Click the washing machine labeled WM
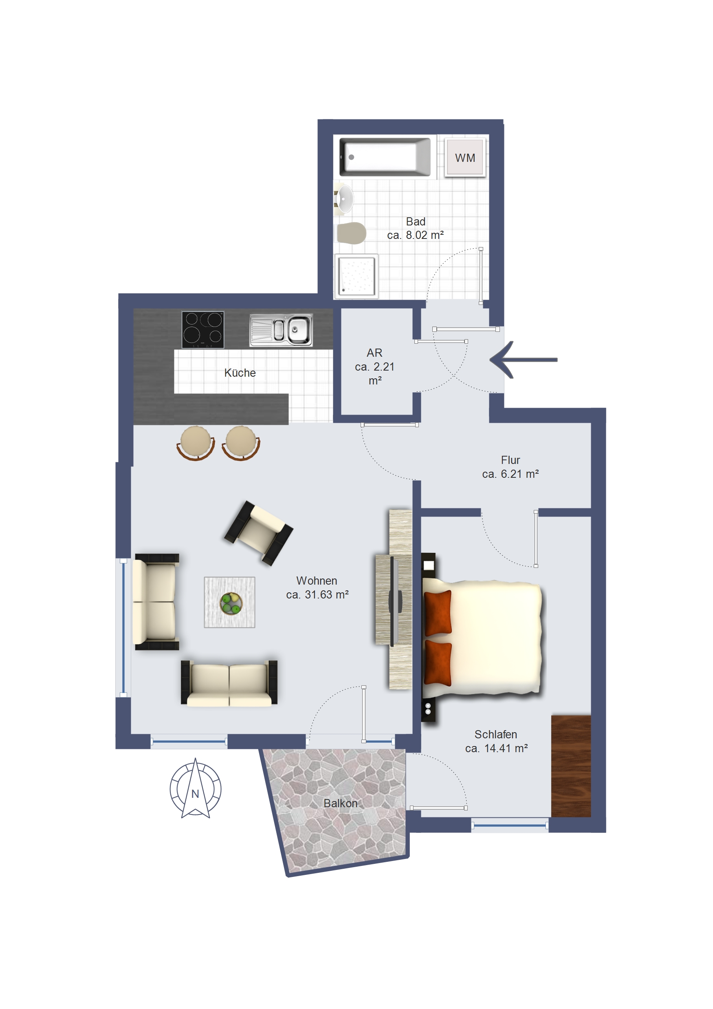(465, 157)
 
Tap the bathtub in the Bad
(385, 157)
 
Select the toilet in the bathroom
(351, 233)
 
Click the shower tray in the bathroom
(356, 276)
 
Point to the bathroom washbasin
(343, 199)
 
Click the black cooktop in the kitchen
(202, 329)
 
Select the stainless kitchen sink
(281, 329)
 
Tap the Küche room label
(240, 373)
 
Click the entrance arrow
(523, 360)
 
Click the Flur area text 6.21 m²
(520, 474)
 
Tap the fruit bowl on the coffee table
(231, 603)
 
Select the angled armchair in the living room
(258, 533)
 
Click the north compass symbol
(196, 788)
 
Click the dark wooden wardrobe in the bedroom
(571, 766)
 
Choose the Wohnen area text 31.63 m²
(326, 594)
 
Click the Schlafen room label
(495, 734)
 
